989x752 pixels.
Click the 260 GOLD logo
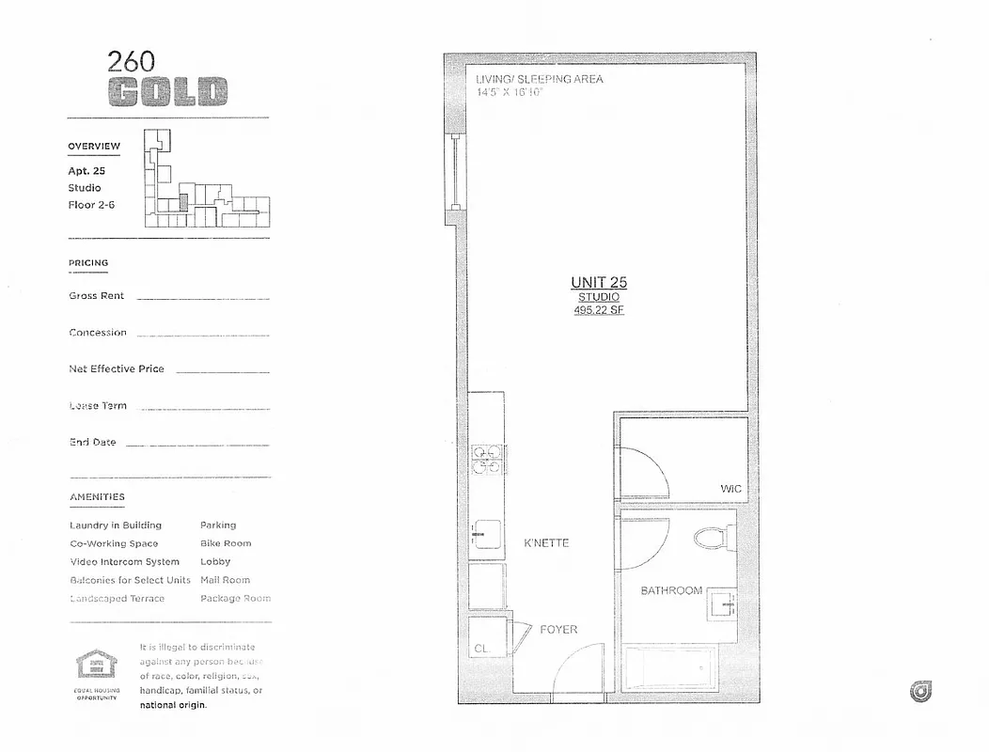(x=167, y=79)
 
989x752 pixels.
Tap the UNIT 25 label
(x=599, y=282)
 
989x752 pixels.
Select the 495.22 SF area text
(x=599, y=310)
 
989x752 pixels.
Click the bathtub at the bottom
(x=670, y=668)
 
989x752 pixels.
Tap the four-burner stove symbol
(x=488, y=459)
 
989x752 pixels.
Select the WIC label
(x=730, y=489)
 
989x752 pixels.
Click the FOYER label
(x=558, y=629)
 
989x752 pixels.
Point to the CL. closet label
(x=481, y=649)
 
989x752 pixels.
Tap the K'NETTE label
(x=546, y=543)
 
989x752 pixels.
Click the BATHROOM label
(x=671, y=590)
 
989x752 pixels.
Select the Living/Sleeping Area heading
(x=540, y=79)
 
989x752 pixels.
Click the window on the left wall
(x=455, y=173)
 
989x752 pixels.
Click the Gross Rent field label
(x=96, y=295)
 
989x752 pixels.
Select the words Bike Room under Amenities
(x=226, y=543)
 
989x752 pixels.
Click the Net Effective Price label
(x=117, y=368)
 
